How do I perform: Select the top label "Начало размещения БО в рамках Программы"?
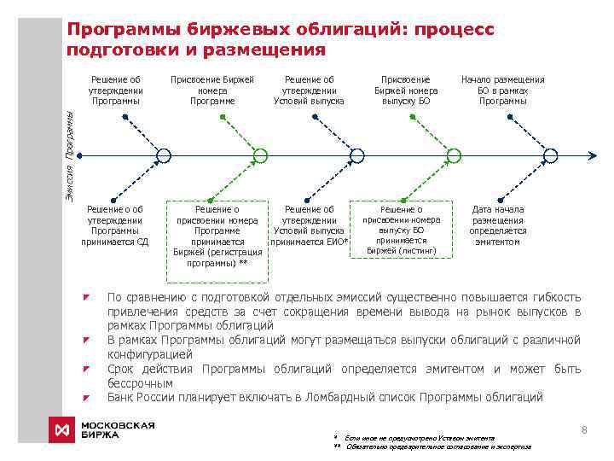pos(502,90)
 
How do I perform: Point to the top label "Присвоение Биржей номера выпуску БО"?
pos(406,90)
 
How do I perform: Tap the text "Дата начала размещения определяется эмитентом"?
pos(498,225)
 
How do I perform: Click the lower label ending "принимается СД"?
pos(115,225)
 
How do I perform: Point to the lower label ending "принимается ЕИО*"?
pos(309,225)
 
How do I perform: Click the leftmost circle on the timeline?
pos(163,155)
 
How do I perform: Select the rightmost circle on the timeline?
pos(551,155)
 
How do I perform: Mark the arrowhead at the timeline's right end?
pos(592,155)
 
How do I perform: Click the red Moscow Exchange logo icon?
pos(61,429)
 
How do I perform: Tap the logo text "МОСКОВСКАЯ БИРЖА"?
pos(117,429)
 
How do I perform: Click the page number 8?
pos(583,430)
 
